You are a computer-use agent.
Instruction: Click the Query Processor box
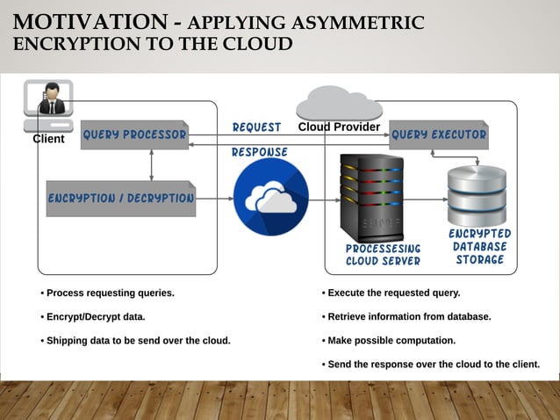pyautogui.click(x=133, y=135)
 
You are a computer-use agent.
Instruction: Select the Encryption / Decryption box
pyautogui.click(x=120, y=198)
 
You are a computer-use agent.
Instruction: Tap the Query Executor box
pyautogui.click(x=438, y=135)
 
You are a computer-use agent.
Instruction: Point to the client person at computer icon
pyautogui.click(x=50, y=100)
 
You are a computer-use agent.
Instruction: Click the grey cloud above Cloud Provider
pyautogui.click(x=339, y=103)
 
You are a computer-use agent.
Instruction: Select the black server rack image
pyautogui.click(x=371, y=199)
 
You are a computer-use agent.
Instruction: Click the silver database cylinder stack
pyautogui.click(x=477, y=195)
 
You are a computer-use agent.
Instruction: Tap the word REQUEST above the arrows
pyautogui.click(x=256, y=127)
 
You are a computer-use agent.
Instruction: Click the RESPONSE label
pyautogui.click(x=259, y=152)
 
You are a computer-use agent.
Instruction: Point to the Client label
pyautogui.click(x=48, y=139)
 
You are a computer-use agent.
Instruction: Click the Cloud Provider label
pyautogui.click(x=339, y=127)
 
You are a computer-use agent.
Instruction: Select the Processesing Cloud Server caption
pyautogui.click(x=383, y=255)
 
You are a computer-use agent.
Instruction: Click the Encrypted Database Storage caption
pyautogui.click(x=479, y=247)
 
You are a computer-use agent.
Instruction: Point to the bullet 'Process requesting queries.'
pyautogui.click(x=107, y=293)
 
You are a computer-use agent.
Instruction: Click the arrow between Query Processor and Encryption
pyautogui.click(x=152, y=164)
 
